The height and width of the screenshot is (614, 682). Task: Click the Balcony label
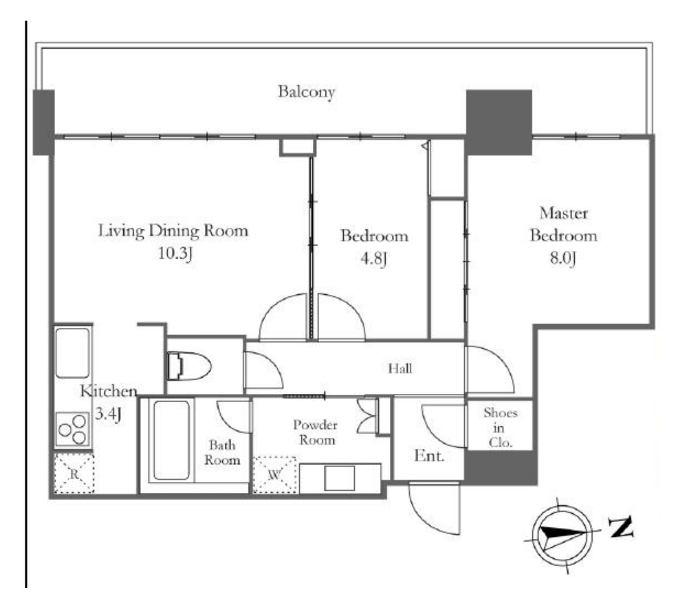(307, 92)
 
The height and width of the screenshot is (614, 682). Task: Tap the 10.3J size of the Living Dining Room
(175, 253)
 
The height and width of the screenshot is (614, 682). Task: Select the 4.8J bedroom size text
(374, 259)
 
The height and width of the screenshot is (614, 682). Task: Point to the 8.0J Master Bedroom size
(563, 258)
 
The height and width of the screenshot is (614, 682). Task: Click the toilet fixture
(189, 366)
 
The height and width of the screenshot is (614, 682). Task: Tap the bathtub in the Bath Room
(171, 440)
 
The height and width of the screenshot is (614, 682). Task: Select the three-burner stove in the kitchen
(73, 429)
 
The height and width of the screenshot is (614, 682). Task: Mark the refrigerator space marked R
(74, 474)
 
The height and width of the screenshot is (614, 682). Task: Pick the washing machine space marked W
(274, 474)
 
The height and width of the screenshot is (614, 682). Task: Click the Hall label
(400, 369)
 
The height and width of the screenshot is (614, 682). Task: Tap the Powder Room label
(316, 432)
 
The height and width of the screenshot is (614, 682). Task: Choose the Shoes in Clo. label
(500, 428)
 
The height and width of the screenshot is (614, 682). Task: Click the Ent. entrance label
(429, 456)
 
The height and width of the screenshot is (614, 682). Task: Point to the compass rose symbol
(562, 535)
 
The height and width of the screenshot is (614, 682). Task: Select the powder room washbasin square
(339, 478)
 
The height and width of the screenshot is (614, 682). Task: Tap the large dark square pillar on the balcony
(499, 122)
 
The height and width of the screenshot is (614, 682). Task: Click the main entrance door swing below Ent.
(434, 508)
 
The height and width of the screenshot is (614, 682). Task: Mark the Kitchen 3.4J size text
(109, 413)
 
